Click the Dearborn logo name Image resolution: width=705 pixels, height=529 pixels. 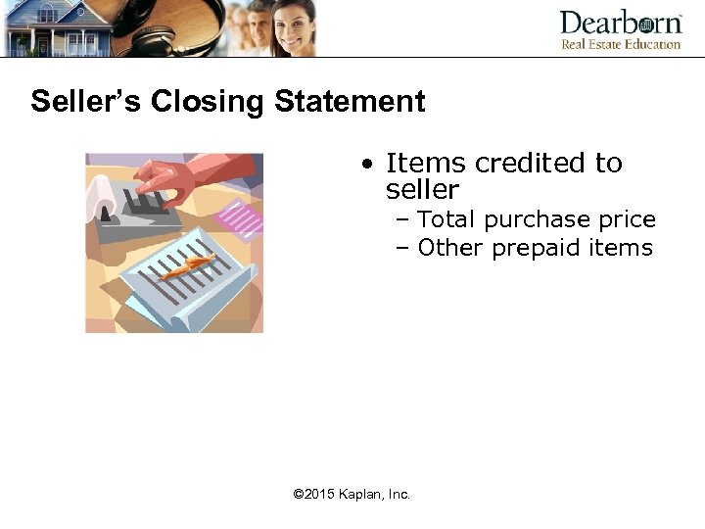(620, 23)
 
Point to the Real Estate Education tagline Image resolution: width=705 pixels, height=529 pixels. (620, 44)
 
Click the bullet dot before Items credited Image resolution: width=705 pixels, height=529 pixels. (364, 164)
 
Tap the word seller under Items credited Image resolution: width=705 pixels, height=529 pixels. (422, 189)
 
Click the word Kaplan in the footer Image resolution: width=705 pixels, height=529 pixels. (360, 495)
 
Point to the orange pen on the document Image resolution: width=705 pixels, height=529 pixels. (187, 264)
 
